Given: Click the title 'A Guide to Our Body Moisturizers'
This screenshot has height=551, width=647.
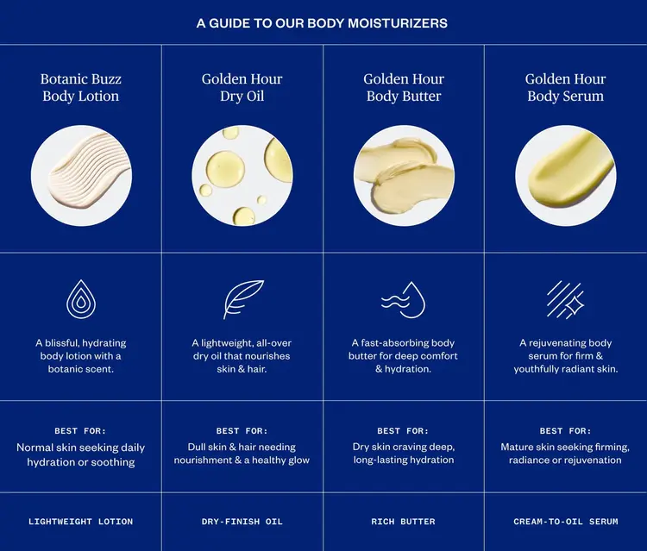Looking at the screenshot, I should tap(323, 23).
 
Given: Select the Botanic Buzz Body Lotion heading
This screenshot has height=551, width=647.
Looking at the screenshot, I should tap(81, 87).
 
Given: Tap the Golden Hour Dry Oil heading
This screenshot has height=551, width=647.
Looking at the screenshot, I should tap(242, 87).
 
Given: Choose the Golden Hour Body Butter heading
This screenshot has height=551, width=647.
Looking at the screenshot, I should tap(404, 87).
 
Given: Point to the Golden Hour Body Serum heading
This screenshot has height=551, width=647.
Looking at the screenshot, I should tap(566, 87).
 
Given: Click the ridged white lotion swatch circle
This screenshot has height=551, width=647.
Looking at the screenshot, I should tap(81, 176).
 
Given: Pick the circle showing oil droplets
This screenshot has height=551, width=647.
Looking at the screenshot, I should tap(242, 176).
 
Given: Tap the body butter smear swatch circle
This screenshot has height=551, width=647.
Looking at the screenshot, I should tap(404, 176).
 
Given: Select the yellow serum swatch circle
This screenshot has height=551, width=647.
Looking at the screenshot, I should tap(566, 176).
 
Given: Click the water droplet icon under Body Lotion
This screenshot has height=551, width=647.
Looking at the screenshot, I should tap(81, 299).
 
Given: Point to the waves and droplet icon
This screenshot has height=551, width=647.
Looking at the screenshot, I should tap(404, 299).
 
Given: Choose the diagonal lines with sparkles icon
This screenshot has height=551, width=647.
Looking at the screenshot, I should tap(566, 299).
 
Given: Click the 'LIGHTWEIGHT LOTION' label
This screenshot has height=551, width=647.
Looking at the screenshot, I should tap(81, 522).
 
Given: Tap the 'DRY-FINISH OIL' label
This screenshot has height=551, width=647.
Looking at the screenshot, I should tap(242, 522).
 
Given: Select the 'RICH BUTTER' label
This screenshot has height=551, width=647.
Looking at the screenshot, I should tap(404, 522).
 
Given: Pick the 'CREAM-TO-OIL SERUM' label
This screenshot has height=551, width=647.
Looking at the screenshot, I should tap(566, 522).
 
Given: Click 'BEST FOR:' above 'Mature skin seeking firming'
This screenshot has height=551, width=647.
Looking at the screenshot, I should tap(566, 430).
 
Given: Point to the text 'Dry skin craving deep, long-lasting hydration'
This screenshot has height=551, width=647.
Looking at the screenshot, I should tap(404, 454).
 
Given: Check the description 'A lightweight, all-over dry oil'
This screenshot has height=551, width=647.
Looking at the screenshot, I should tap(242, 356).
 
